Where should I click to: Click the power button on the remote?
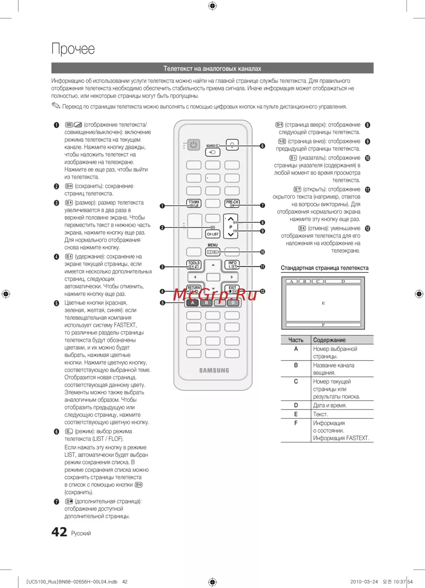click(193, 145)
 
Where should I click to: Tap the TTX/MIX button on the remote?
click(194, 204)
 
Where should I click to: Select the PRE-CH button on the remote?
click(232, 204)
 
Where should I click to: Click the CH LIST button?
click(212, 234)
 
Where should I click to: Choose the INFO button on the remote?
click(232, 265)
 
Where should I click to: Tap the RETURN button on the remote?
click(194, 289)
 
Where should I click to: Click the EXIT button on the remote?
click(232, 289)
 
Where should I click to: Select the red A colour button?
click(193, 303)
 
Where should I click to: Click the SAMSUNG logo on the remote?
click(214, 370)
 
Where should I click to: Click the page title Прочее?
click(73, 49)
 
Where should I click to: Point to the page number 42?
click(59, 532)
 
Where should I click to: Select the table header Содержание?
click(329, 340)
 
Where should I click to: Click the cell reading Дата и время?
click(330, 405)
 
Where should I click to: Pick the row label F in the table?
click(296, 423)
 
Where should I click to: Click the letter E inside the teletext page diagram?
click(323, 303)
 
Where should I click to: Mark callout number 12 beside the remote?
click(262, 291)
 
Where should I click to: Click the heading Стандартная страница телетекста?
click(325, 268)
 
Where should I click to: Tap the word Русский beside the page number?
click(81, 534)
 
